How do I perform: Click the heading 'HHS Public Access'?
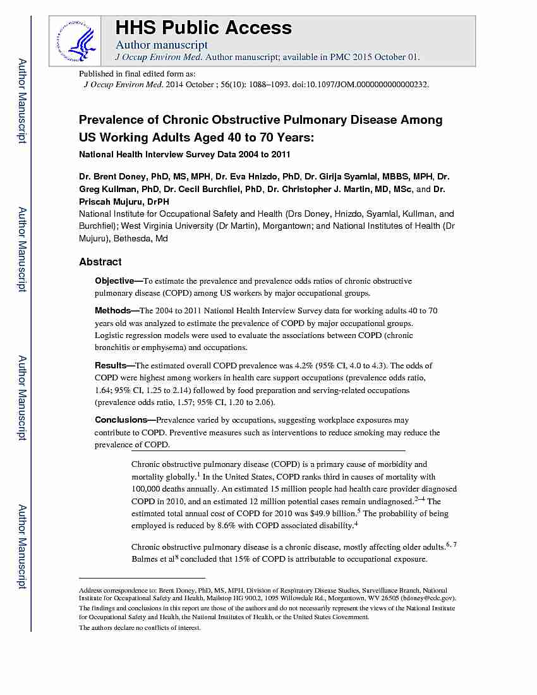pyautogui.click(x=203, y=28)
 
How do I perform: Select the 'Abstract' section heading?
pyautogui.click(x=100, y=262)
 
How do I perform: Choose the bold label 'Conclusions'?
pyautogui.click(x=121, y=420)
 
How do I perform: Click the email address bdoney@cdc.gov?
pyautogui.click(x=430, y=598)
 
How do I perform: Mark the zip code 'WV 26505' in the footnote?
pyautogui.click(x=391, y=598)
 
